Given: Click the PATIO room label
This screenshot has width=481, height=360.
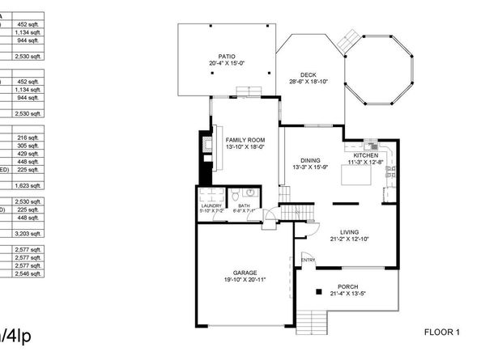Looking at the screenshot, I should click(226, 56).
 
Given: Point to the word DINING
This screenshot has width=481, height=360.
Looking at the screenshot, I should click(310, 160).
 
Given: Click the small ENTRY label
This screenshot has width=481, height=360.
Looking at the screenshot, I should click(308, 260).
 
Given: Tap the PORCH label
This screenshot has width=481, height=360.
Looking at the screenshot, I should click(348, 287).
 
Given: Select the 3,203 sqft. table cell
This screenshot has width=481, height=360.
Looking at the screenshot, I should click(28, 233).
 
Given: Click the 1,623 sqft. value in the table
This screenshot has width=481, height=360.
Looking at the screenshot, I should click(28, 185).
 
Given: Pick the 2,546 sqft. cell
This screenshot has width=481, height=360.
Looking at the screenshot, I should click(28, 273).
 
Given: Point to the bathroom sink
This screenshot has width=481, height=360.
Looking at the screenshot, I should click(251, 193).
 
